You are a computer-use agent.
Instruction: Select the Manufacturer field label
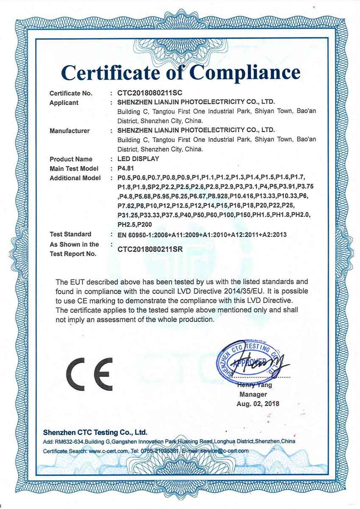coord(69,131)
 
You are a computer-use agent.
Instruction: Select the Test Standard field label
coord(70,234)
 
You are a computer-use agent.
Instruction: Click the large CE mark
coord(89,374)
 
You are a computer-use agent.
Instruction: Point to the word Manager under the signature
coord(253,394)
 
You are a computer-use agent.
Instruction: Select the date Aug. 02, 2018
coord(258,404)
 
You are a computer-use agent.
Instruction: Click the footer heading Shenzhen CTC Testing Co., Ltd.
coord(95,432)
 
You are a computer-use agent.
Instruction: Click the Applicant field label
coord(64,102)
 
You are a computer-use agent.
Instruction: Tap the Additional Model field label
coord(72,178)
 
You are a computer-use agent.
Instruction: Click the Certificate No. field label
coord(71,93)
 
